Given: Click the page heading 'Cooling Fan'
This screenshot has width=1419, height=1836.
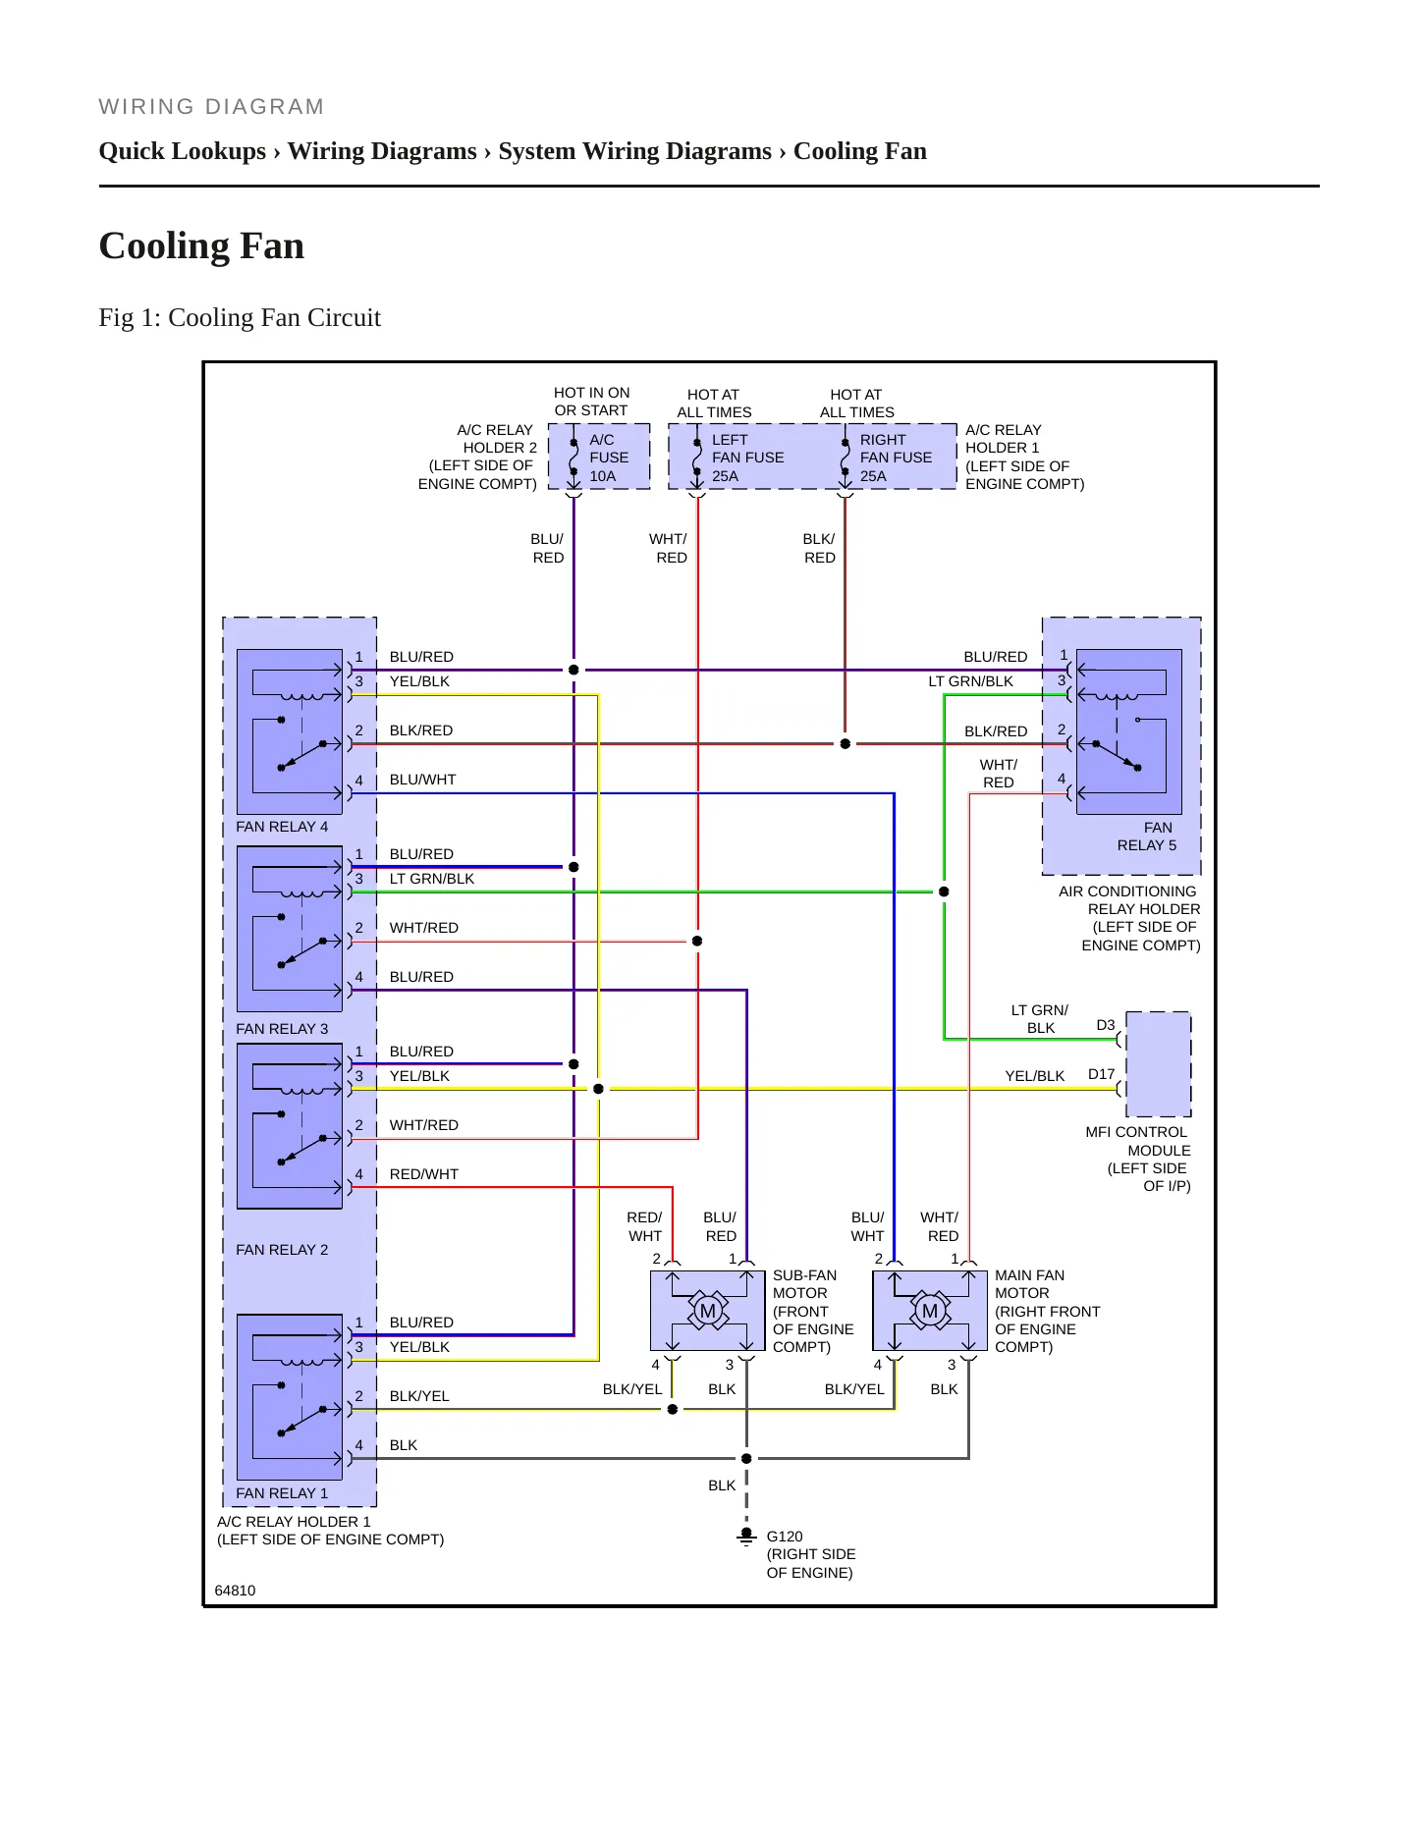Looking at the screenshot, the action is (201, 245).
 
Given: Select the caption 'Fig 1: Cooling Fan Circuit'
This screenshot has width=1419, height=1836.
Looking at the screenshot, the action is (240, 317).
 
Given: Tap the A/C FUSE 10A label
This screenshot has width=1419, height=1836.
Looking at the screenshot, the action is (609, 458).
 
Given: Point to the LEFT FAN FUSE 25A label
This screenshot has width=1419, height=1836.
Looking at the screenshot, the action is (747, 458).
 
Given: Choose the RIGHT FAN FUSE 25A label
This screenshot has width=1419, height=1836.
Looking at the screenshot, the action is (896, 458).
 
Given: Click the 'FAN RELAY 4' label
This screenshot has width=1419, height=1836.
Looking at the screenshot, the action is (282, 827).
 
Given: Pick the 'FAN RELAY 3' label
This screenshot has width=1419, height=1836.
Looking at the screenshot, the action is (282, 1029).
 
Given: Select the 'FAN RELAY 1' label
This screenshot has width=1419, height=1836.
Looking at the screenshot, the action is (282, 1493).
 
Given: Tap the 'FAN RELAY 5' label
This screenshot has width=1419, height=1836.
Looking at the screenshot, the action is (1147, 837).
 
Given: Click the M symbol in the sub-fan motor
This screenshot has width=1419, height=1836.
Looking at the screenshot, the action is (707, 1311).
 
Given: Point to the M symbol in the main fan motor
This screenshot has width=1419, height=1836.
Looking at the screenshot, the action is (930, 1311).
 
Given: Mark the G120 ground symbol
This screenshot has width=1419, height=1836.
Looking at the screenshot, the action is (746, 1536).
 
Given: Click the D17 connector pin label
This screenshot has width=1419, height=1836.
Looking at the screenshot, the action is (1101, 1074).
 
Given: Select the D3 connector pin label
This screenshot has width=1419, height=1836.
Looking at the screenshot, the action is (1106, 1025).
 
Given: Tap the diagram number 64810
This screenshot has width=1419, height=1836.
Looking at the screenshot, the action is (235, 1591).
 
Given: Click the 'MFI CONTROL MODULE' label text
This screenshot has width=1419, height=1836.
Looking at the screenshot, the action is (1138, 1141).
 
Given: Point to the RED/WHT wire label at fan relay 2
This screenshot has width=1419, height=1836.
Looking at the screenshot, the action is (424, 1174).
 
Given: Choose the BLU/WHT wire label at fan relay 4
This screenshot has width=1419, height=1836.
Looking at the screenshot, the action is (423, 780).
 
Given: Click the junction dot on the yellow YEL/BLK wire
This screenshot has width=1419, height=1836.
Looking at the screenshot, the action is (599, 1089).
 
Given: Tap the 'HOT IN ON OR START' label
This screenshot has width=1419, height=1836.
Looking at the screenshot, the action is (591, 402).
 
